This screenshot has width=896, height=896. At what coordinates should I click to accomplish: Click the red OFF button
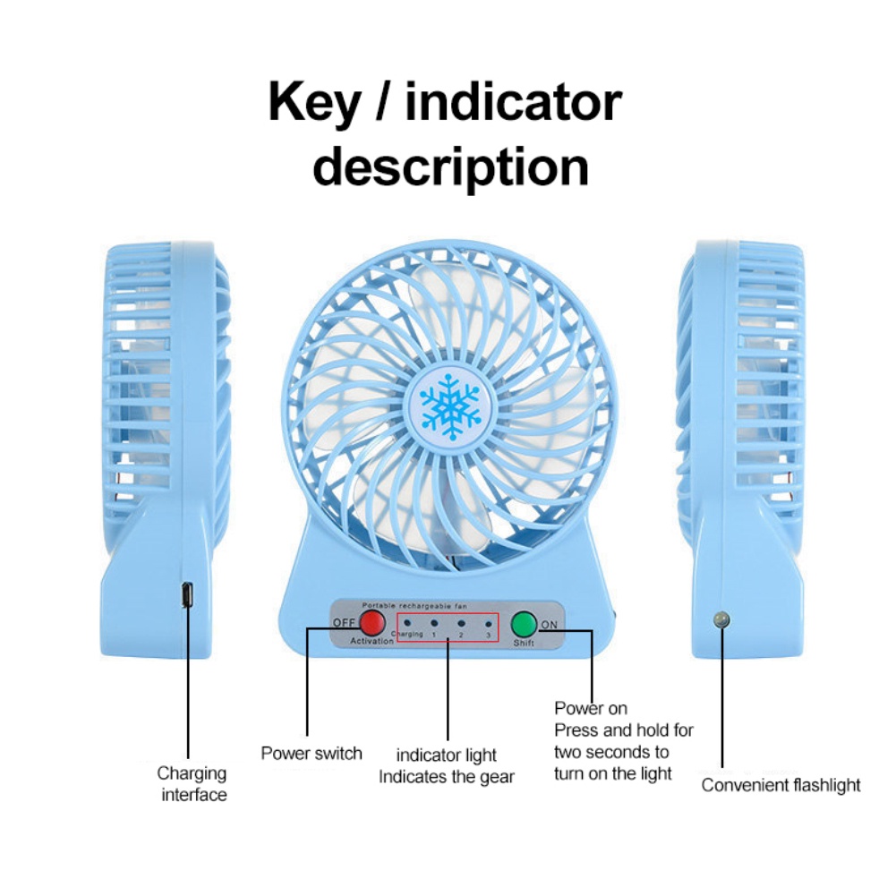[372, 623]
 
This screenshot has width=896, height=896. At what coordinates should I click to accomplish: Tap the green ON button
[524, 624]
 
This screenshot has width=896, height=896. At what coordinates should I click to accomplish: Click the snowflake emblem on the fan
[450, 405]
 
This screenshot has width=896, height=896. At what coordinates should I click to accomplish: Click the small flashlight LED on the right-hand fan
[721, 619]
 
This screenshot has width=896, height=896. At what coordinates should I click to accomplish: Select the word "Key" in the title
[312, 103]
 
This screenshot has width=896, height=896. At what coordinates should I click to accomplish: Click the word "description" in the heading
[450, 166]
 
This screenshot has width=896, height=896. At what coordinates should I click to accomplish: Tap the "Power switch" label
[311, 753]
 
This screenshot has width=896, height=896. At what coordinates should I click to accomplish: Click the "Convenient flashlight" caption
[781, 785]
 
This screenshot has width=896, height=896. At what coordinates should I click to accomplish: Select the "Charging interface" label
[192, 783]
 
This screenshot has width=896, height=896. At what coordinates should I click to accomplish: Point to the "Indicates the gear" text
[446, 776]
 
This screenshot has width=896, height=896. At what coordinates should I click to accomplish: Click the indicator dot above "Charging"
[406, 621]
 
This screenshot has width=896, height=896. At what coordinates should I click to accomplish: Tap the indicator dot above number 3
[489, 621]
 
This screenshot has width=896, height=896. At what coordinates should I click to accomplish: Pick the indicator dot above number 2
[461, 621]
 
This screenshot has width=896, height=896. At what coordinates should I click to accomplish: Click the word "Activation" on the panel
[371, 642]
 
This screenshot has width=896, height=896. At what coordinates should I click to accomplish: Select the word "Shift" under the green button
[524, 643]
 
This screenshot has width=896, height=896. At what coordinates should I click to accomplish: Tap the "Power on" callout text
[591, 709]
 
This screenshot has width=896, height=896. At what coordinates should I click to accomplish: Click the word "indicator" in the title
[513, 103]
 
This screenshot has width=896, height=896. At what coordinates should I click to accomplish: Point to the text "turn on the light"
[612, 773]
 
